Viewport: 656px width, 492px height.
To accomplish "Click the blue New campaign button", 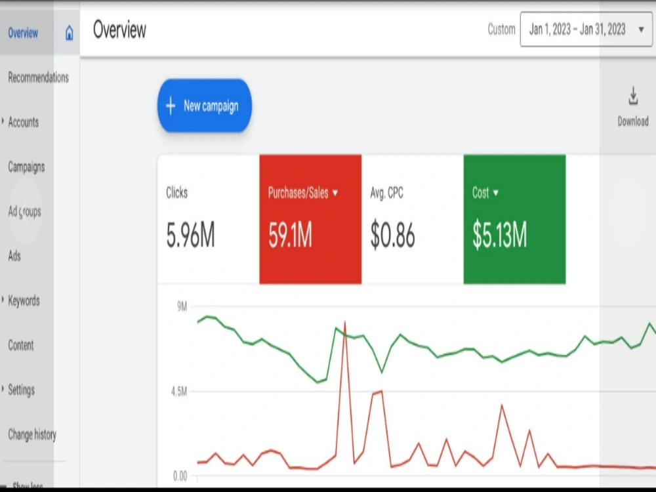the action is click(204, 106).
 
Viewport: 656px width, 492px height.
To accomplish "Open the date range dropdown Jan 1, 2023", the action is click(586, 30).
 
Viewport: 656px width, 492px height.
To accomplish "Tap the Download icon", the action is click(633, 96).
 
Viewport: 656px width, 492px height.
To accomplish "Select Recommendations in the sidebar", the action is click(39, 77).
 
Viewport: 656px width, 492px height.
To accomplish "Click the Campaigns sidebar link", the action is click(26, 167).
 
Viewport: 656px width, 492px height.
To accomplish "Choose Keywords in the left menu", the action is click(24, 300).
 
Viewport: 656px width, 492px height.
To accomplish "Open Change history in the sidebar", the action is click(32, 435).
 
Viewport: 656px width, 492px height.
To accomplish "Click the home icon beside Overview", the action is click(70, 33).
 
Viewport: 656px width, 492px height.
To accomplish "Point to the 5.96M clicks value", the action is click(190, 235).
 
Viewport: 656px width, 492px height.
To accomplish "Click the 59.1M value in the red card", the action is click(290, 235).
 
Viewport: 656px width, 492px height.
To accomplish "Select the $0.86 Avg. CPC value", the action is click(392, 235).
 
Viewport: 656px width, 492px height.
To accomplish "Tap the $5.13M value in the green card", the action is click(499, 235).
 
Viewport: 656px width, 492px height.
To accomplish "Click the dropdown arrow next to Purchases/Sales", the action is click(335, 193).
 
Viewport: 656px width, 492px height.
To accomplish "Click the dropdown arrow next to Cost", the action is click(496, 193).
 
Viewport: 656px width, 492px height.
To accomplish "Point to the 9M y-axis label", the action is click(182, 306).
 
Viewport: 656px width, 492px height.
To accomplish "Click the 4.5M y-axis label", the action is click(179, 392).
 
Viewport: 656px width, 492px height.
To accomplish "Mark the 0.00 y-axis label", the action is click(180, 476).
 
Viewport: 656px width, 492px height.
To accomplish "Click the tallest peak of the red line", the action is click(345, 321).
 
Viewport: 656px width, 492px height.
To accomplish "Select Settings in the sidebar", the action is click(22, 390).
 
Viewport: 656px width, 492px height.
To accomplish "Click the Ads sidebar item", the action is click(14, 256).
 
